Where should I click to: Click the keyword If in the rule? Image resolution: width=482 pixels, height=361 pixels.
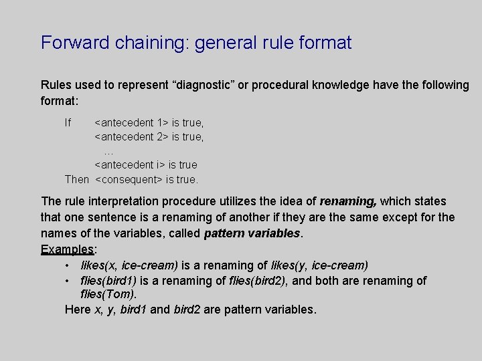68,122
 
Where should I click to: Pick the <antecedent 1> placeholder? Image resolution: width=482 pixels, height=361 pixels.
131,122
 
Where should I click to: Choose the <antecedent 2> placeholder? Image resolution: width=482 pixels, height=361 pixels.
131,136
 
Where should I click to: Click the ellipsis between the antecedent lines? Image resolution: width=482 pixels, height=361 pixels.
109,151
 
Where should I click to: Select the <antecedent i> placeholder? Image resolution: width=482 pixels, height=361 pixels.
129,164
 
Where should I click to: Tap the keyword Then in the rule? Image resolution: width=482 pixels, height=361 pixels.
76,179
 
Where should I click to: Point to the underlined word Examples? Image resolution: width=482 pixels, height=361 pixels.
68,249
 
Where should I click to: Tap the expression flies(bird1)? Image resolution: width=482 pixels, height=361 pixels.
110,281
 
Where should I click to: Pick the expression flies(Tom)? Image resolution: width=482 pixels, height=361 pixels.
108,294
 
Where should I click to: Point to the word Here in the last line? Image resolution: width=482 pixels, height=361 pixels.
77,310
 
